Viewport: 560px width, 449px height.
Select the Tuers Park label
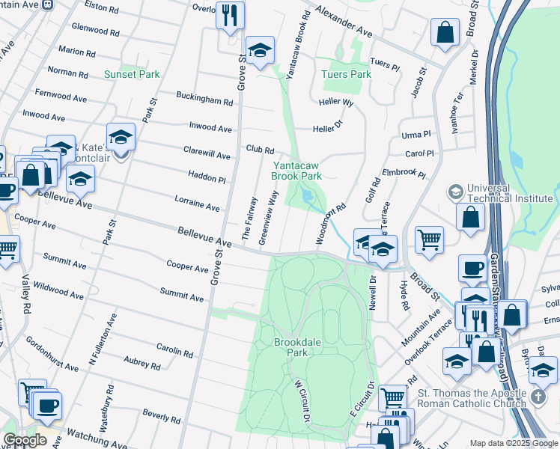[x=346, y=74]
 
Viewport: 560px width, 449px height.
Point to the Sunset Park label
[x=132, y=74]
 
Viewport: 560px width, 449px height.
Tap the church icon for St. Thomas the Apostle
[x=542, y=370]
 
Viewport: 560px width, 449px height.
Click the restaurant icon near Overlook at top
[x=230, y=14]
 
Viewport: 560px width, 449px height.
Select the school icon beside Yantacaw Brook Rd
[x=260, y=51]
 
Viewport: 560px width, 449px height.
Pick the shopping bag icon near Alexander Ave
[x=445, y=33]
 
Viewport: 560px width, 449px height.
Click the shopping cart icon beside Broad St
[x=429, y=239]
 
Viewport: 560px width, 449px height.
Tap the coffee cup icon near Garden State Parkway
[x=473, y=269]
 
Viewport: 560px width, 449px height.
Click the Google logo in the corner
[x=25, y=439]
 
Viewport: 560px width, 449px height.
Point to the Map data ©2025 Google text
[x=513, y=443]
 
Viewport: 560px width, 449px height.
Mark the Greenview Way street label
[x=268, y=217]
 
